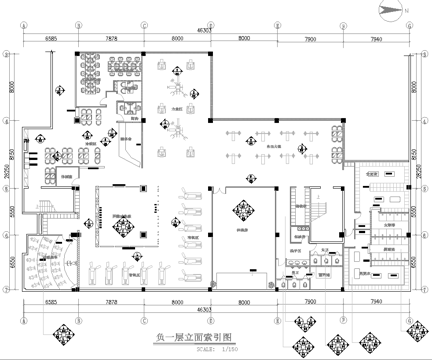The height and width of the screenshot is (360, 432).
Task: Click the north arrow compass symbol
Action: click(x=390, y=12)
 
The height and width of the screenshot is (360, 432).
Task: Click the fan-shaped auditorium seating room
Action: click(x=46, y=258)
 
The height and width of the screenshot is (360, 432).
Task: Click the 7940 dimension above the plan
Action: click(x=377, y=38)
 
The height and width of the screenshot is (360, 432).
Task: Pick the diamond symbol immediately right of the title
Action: click(x=297, y=329)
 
